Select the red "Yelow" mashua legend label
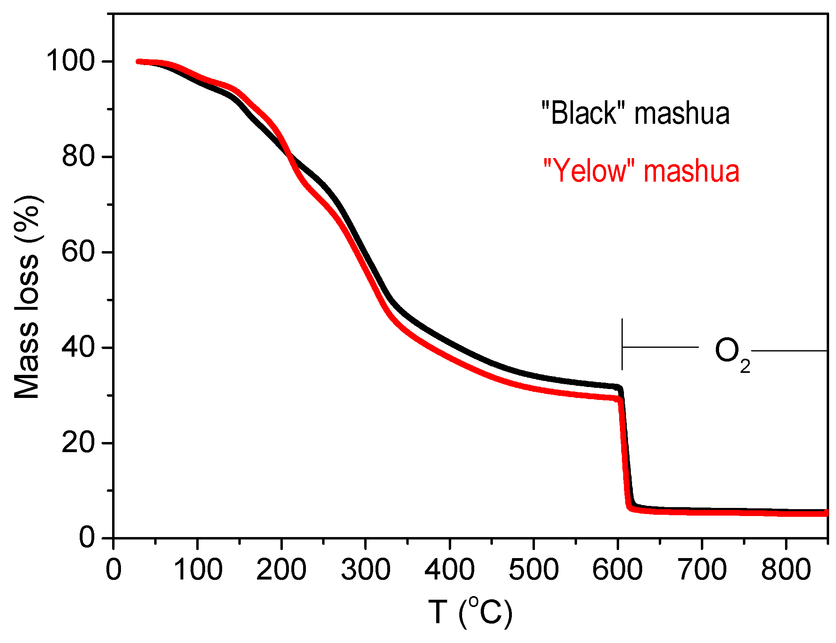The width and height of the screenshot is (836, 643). pos(641,171)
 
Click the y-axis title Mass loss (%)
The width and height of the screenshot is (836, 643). pos(28,297)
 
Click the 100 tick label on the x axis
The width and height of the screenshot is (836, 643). pos(197,569)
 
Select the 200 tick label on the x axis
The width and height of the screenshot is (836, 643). pos(281,569)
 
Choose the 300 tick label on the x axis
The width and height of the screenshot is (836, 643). pos(365,569)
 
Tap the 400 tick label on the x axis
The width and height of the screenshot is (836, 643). pos(450,569)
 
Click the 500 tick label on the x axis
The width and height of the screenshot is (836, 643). pos(534,569)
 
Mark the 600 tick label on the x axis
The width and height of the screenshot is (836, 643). pos(617,569)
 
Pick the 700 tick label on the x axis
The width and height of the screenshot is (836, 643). pos(702,569)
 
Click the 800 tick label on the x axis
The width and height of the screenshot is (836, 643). pos(785,569)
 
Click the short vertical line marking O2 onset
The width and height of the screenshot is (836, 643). pos(622,344)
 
